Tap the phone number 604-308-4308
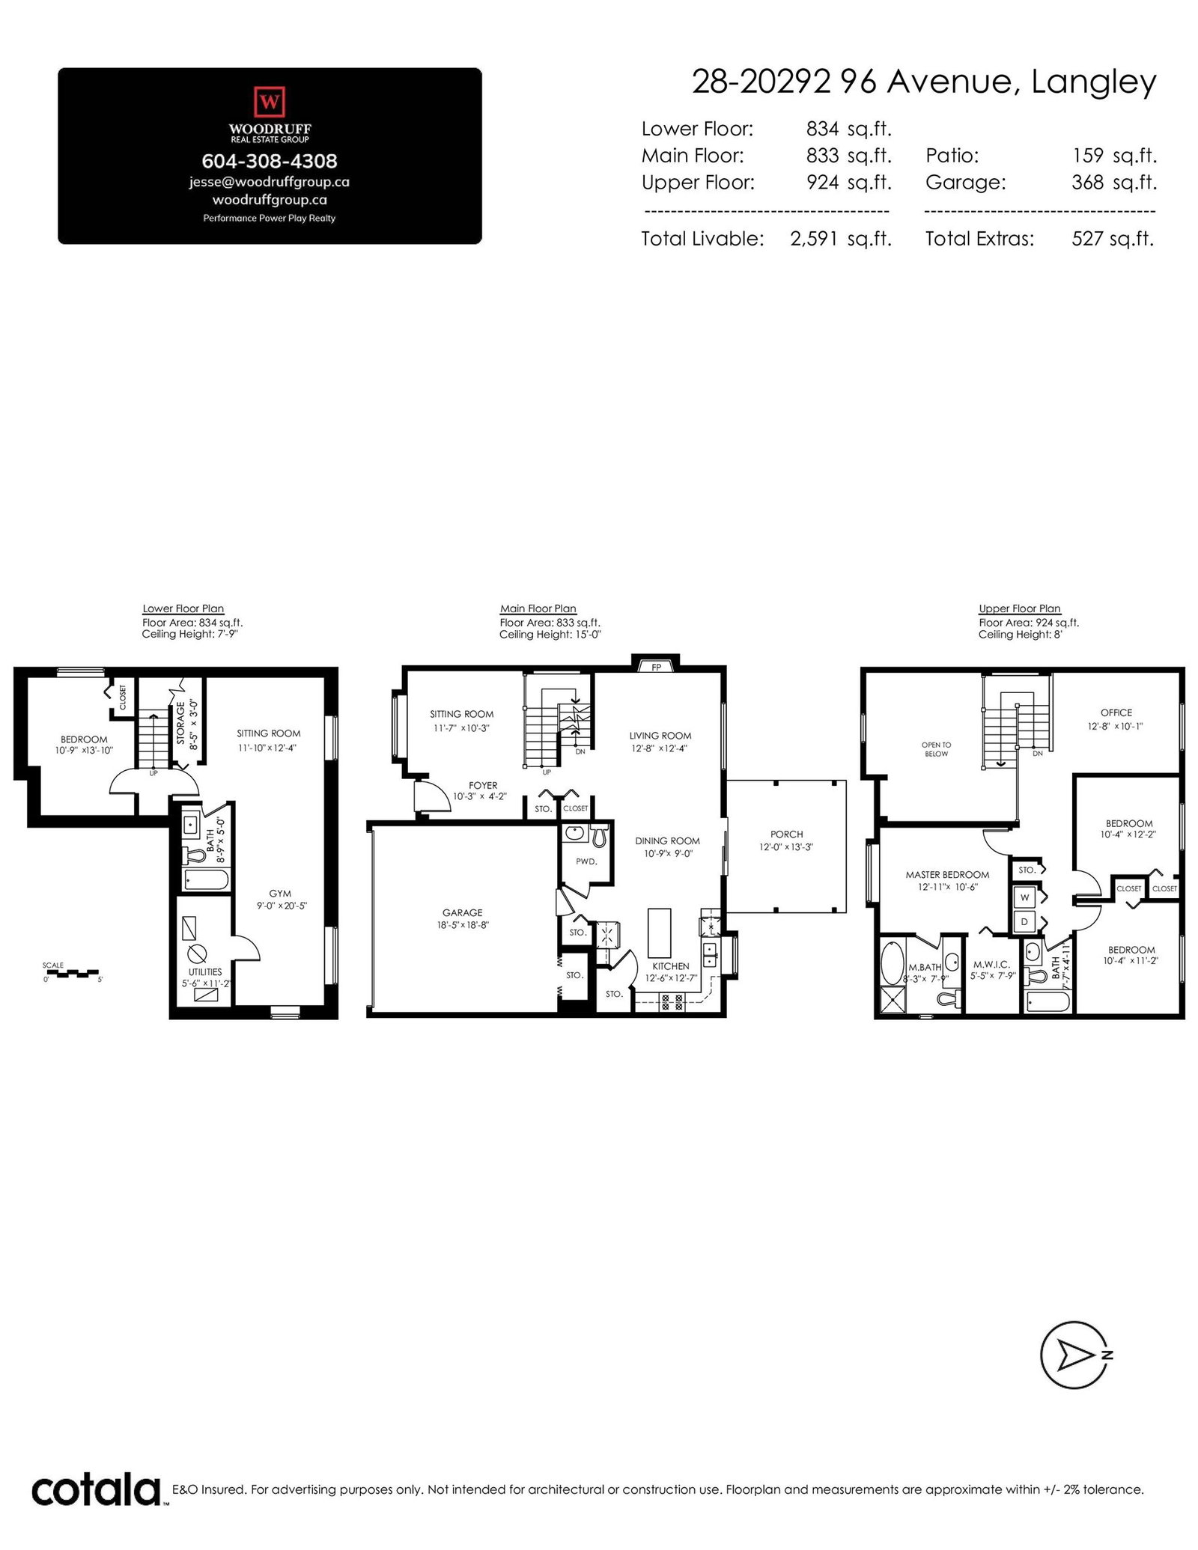270,161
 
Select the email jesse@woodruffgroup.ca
270,182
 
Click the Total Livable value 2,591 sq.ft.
841,239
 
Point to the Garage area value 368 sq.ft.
1114,182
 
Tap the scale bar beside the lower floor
72,974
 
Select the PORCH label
786,835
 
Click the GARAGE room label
462,912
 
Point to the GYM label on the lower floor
280,894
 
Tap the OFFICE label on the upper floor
1116,713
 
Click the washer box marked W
1024,897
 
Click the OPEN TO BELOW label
936,749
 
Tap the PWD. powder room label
586,861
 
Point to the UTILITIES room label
205,971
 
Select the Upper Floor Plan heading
1020,608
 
